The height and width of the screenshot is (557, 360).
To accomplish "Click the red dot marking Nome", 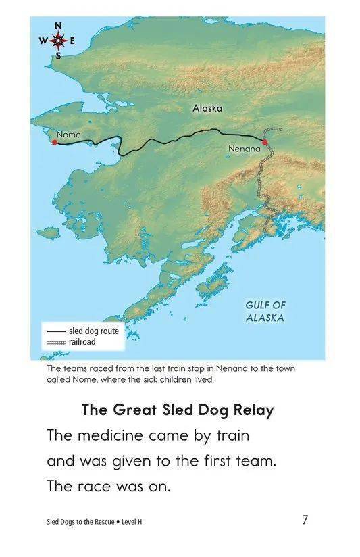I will point(55,142).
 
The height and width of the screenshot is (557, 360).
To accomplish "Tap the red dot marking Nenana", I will point(265,142).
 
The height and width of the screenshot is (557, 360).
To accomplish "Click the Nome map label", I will point(68,135).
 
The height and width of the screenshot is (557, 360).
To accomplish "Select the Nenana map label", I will point(244,148).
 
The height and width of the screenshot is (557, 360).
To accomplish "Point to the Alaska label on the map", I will point(207,108).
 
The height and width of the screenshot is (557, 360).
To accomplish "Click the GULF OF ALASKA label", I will point(265,312).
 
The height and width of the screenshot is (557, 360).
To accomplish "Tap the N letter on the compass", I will point(58,26).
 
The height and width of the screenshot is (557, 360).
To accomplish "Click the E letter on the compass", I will point(73,41).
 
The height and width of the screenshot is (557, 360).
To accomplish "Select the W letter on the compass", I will point(43,41).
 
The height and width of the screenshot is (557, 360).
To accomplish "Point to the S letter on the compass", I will point(58,55).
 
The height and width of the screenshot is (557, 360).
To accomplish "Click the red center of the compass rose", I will point(58,41).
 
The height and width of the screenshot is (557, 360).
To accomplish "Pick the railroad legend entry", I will point(71,343).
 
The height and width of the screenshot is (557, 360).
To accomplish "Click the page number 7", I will point(305,520).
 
